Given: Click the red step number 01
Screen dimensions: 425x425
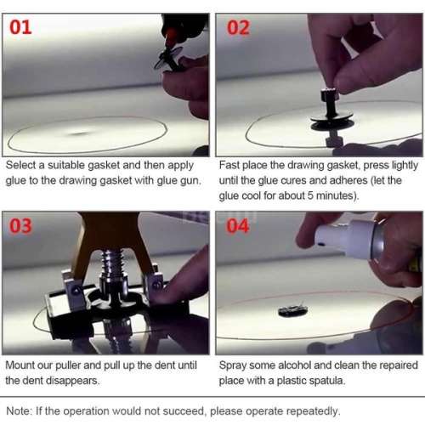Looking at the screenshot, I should click(21, 27).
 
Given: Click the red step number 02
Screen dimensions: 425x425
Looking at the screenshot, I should click(239, 27).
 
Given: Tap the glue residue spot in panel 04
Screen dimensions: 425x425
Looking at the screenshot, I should click(293, 311).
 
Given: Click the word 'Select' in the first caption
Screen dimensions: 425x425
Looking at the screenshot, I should click(22, 165).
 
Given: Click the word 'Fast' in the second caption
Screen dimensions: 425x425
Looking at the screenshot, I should click(231, 165).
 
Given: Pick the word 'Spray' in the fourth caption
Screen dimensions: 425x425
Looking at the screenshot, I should click(235, 365).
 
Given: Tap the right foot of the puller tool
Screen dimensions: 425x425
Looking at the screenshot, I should click(156, 285).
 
